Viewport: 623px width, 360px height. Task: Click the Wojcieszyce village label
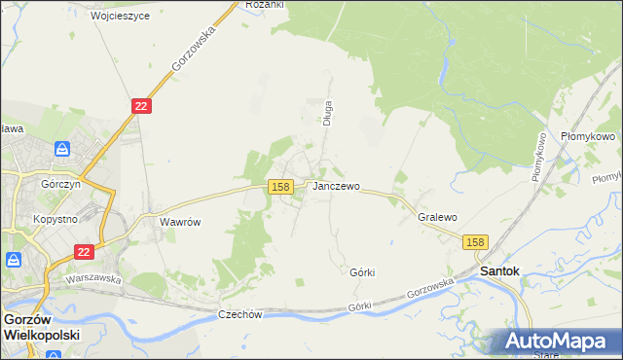point(120,17)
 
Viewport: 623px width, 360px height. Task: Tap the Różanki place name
point(264,5)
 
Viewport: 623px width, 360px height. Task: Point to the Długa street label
point(329,114)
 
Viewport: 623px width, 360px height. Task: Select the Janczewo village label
point(336,186)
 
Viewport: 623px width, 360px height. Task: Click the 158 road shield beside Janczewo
point(280,187)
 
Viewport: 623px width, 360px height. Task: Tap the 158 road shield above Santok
point(475,242)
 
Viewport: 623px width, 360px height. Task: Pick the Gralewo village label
point(437,218)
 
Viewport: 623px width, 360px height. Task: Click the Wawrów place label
point(180,222)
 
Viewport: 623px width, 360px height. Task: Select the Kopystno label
point(55,220)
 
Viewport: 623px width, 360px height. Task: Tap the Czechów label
point(240,314)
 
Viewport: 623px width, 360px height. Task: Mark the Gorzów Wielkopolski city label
point(41,326)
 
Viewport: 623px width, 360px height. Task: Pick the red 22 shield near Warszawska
point(84,252)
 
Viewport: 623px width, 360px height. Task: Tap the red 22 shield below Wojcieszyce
point(141,106)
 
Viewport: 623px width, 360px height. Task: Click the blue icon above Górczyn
point(62,149)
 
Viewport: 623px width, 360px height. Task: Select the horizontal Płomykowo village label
point(588,137)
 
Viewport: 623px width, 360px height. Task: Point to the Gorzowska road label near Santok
point(431,287)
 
